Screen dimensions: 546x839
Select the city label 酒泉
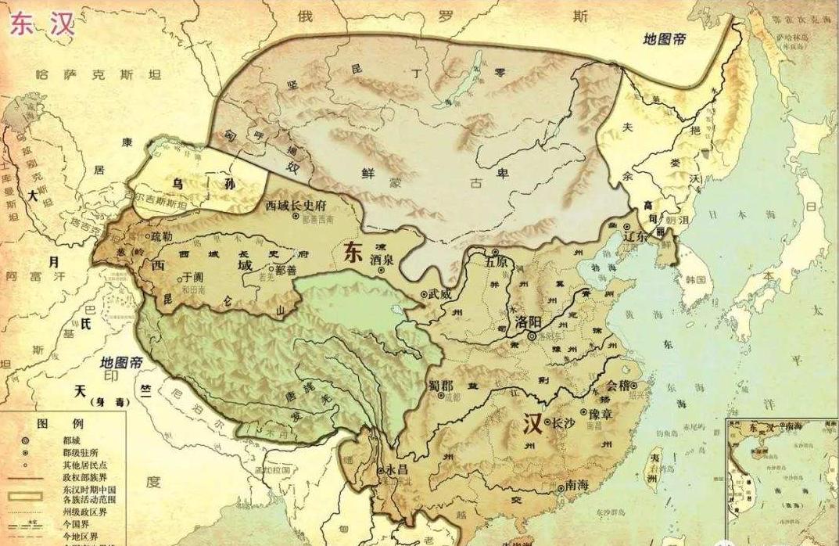coord(381,259)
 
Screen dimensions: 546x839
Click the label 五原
coord(496,262)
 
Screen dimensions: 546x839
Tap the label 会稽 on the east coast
coord(618,384)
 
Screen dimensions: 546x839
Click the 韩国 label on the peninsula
coord(695,278)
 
